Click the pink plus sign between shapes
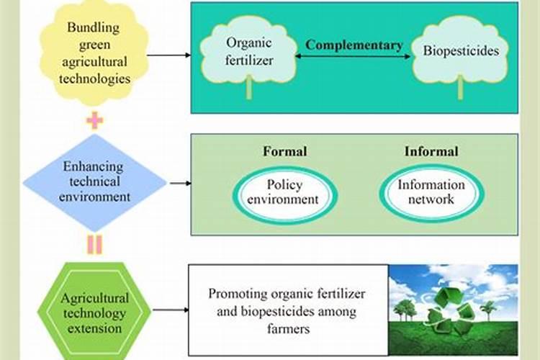point(94,120)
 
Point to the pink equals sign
point(94,245)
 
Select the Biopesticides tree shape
point(460,52)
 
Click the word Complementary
point(354,45)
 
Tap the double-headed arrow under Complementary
point(354,57)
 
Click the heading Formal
point(284,151)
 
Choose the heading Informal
point(431,151)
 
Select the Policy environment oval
point(284,191)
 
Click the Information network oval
point(431,192)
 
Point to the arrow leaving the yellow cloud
point(173,55)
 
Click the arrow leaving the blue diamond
point(180,183)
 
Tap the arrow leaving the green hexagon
point(170,310)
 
